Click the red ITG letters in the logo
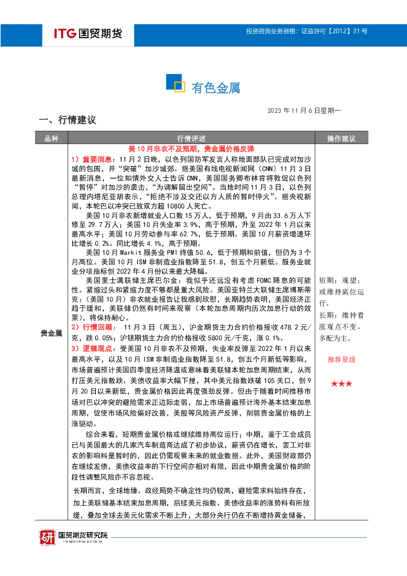[x=65, y=34]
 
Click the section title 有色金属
[x=215, y=88]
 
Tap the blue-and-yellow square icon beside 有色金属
[x=176, y=83]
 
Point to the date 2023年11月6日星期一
[x=304, y=110]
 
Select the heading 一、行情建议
[x=68, y=120]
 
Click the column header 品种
[x=51, y=139]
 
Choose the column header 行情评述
[x=191, y=139]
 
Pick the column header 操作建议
[x=341, y=139]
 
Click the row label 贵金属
[x=51, y=333]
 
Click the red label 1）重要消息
[x=91, y=159]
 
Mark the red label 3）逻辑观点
[x=92, y=349]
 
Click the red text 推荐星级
[x=341, y=360]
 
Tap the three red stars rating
[x=341, y=384]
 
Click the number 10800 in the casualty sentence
[x=176, y=206]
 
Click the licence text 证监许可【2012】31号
[x=334, y=31]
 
